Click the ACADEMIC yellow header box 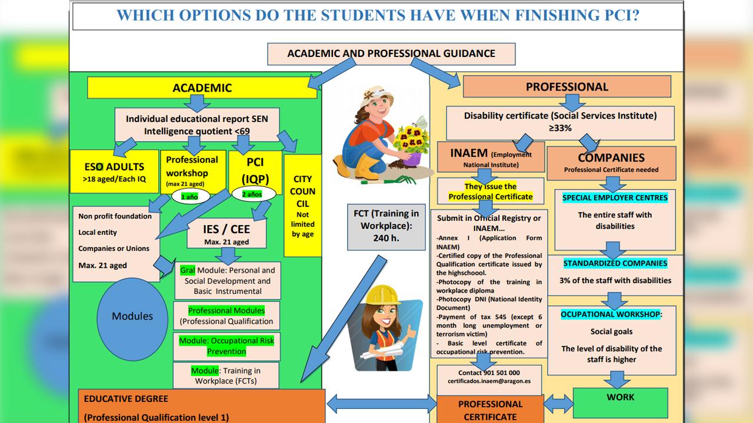tap(202, 88)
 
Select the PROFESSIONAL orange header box tap(567, 87)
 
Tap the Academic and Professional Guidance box tap(391, 53)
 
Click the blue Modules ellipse tap(132, 316)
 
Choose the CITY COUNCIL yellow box tap(302, 206)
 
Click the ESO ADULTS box tap(114, 170)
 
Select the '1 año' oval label tap(189, 197)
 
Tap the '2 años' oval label tap(251, 194)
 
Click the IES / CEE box tap(226, 234)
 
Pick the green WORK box tap(620, 401)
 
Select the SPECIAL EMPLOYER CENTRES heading tap(615, 198)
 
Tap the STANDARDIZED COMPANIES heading tap(615, 263)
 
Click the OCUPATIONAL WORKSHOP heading tap(611, 314)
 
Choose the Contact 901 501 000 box tap(489, 377)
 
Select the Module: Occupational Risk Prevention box tap(226, 346)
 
